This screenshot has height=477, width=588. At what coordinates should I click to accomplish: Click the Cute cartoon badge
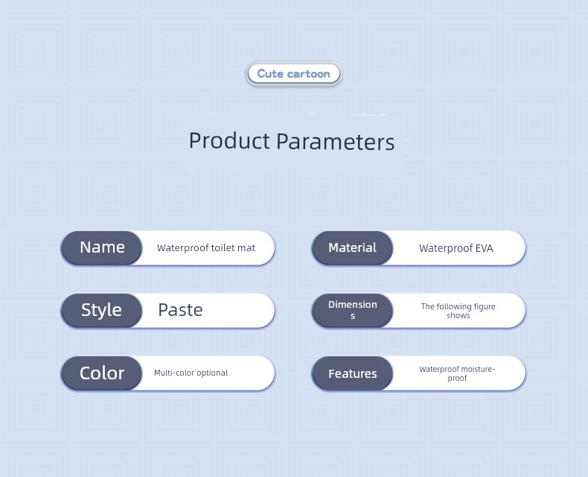(x=293, y=74)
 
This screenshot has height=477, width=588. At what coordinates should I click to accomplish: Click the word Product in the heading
(x=229, y=141)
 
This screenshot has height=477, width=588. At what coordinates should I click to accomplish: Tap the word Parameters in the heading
(x=335, y=142)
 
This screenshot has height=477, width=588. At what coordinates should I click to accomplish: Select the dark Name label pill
(x=102, y=248)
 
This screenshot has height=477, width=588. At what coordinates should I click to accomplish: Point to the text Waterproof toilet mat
(x=206, y=248)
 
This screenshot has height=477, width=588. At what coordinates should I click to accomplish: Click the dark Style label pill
(x=102, y=311)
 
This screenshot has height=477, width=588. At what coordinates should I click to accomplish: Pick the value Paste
(x=180, y=310)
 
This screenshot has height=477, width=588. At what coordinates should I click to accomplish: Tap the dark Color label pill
(x=102, y=373)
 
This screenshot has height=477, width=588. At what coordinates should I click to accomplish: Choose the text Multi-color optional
(x=191, y=373)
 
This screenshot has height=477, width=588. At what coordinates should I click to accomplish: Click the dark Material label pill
(x=352, y=248)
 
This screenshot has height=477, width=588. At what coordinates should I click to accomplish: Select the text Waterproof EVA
(x=456, y=248)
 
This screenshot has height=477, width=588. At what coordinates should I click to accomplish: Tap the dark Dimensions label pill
(x=352, y=311)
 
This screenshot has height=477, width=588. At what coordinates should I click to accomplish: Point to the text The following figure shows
(x=458, y=311)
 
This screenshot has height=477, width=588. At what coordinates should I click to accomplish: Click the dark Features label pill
(x=352, y=373)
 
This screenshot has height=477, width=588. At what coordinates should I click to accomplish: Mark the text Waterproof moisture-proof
(x=457, y=373)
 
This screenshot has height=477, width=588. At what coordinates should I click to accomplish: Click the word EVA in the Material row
(x=484, y=248)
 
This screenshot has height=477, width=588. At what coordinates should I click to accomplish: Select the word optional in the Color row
(x=212, y=373)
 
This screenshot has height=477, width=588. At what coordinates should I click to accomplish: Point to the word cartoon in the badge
(x=308, y=74)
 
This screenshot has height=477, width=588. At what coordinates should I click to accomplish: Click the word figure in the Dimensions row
(x=484, y=307)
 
